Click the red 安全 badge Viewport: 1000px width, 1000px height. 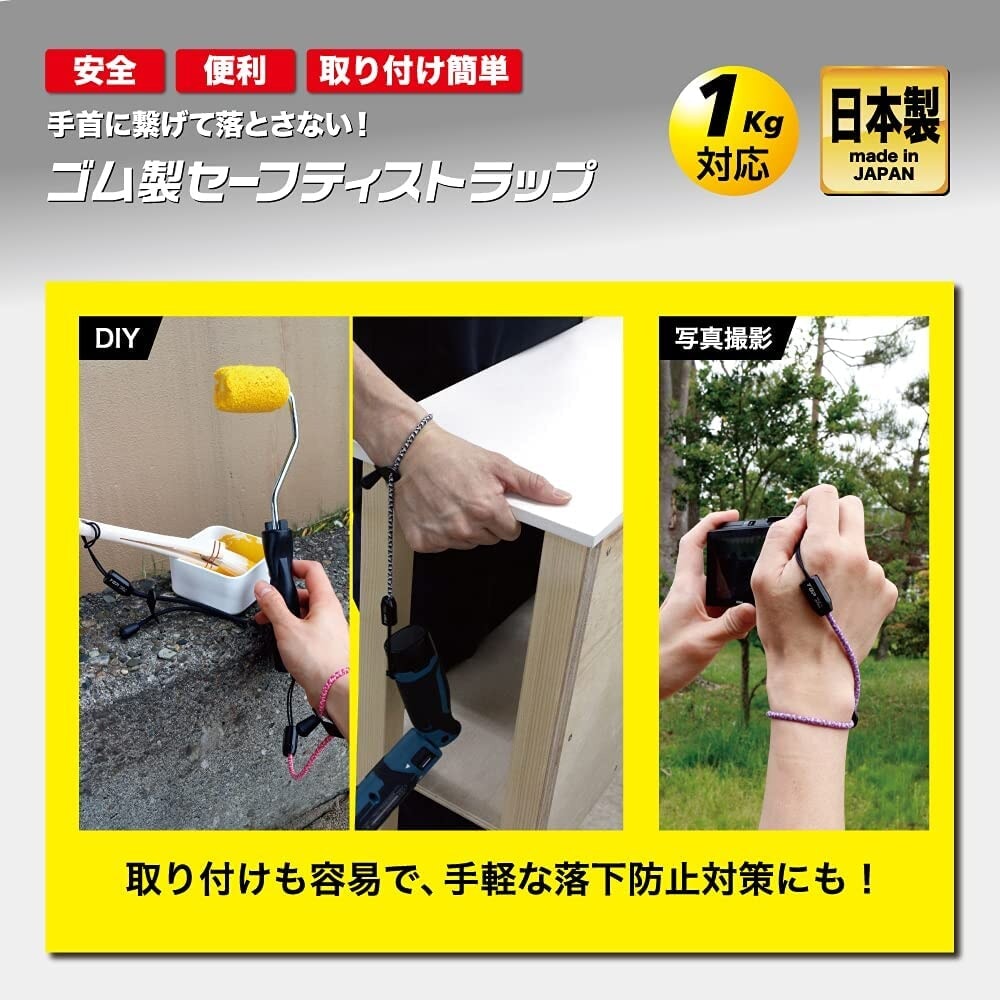coord(104,71)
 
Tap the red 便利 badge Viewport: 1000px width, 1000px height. coord(236,71)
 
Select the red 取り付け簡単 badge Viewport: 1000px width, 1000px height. coord(414,71)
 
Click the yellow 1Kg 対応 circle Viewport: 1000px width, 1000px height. coord(735,131)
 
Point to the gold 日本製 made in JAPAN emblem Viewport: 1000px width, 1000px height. coord(884,131)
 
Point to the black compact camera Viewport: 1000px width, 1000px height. coord(740,560)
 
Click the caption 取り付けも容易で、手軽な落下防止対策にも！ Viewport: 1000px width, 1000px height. coord(500,880)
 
